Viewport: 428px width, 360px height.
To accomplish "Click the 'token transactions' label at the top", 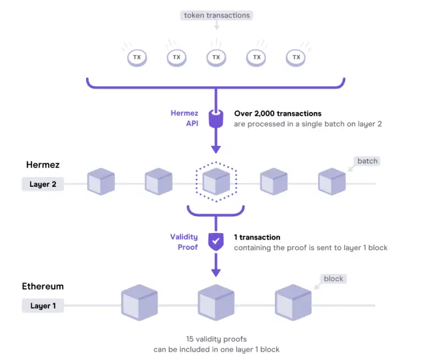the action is (217, 15).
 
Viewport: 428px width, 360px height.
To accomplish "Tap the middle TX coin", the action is (216, 58).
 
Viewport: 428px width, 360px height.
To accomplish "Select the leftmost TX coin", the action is (137, 58).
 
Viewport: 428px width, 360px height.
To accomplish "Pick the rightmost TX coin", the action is (296, 58).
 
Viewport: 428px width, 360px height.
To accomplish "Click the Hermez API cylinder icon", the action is (216, 118).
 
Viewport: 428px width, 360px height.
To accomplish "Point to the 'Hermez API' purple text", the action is (184, 118).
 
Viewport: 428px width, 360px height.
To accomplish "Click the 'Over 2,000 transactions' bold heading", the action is (278, 113).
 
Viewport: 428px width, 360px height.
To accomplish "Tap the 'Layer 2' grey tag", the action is (43, 184).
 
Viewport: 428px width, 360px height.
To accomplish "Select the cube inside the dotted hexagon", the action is (216, 182).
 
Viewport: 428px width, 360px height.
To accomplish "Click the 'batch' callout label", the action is (367, 161).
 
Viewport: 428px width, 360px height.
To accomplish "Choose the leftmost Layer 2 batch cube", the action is (101, 182).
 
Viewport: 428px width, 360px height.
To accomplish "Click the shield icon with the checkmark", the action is (216, 242).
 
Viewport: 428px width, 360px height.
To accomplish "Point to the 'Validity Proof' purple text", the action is (184, 242).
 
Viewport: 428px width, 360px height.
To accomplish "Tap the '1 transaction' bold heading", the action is (257, 237).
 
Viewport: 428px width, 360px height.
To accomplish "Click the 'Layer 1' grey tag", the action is (43, 306).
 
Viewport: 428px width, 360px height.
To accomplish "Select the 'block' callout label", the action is (334, 279).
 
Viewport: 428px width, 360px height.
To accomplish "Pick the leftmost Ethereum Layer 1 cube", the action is (139, 303).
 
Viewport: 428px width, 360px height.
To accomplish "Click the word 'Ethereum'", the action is (43, 286).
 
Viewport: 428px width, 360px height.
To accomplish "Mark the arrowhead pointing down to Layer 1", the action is (216, 273).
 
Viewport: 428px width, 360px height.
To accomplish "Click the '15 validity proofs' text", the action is (216, 339).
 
